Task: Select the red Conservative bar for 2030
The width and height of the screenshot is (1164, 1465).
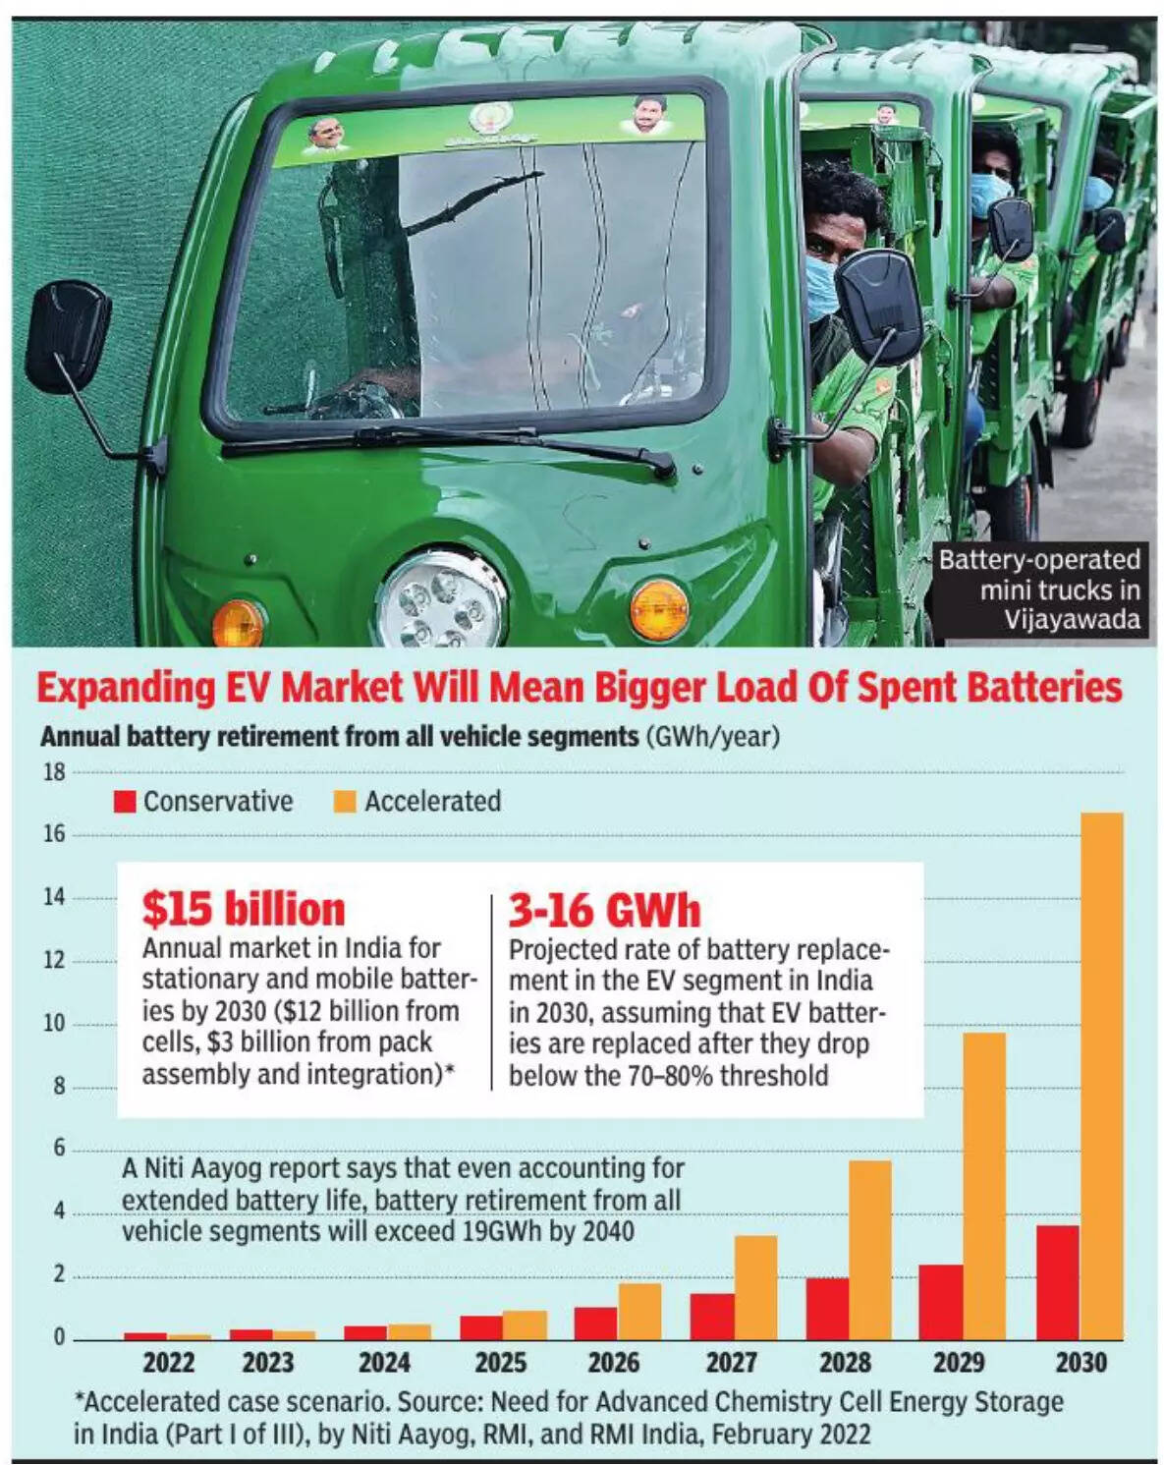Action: click(1057, 1282)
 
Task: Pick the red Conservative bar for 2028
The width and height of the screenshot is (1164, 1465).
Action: click(827, 1309)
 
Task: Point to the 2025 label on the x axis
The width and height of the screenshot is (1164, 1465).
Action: click(500, 1363)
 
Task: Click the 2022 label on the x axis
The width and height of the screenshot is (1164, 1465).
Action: click(168, 1363)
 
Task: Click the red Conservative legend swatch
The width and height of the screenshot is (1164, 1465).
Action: click(125, 802)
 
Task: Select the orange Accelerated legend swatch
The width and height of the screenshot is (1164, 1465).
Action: click(345, 802)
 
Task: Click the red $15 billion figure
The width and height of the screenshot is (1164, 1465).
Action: click(244, 909)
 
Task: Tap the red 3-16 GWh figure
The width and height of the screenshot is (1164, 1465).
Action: click(604, 911)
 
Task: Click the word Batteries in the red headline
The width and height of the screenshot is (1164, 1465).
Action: click(1038, 688)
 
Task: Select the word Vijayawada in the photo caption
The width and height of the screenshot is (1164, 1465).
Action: click(1072, 620)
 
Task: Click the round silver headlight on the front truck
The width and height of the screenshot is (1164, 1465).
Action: click(441, 598)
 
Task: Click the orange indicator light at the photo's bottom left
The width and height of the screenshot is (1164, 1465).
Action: click(238, 622)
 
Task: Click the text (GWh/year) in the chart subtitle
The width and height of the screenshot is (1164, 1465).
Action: click(712, 736)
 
